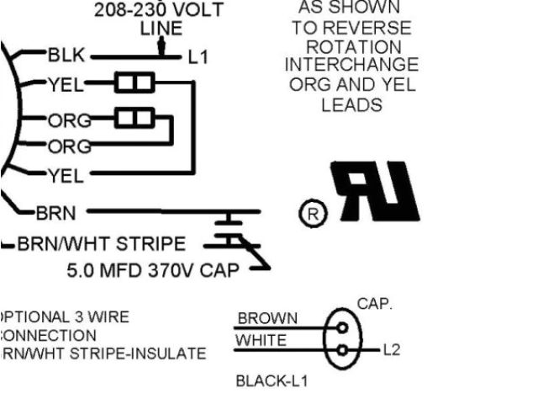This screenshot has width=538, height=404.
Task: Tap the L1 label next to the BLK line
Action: click(198, 57)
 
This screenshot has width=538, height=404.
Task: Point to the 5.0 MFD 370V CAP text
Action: click(153, 271)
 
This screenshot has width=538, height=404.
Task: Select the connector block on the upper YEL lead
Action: click(134, 82)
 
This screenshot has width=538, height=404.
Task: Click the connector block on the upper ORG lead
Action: click(134, 117)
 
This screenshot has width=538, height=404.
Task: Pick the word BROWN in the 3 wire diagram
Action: click(267, 318)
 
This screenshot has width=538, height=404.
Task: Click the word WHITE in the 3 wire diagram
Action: click(261, 341)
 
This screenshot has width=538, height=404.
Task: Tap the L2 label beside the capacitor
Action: click(391, 349)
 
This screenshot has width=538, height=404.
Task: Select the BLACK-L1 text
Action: click(272, 381)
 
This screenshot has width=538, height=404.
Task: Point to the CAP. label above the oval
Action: click(375, 304)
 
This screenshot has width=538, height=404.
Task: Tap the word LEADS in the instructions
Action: click(351, 105)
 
